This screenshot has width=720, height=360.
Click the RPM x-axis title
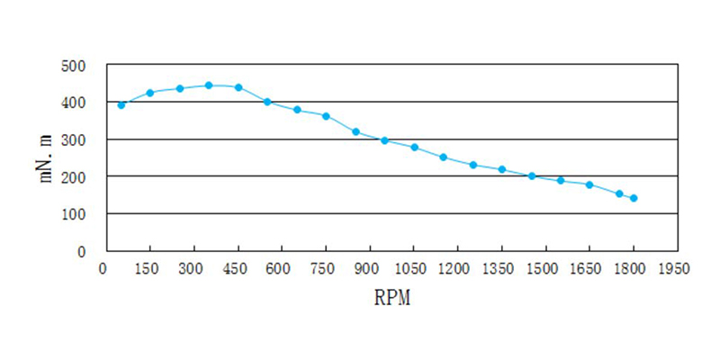pos(391,298)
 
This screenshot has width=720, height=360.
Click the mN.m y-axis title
pos(48,158)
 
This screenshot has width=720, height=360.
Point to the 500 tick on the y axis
pos(73,66)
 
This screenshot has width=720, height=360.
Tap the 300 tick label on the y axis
pos(73,140)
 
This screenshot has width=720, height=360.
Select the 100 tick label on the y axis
pos(73,215)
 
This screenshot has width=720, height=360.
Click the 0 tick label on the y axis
pos(81,252)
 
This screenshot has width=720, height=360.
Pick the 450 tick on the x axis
pos(235,268)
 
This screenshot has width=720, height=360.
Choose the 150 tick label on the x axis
pos(147,268)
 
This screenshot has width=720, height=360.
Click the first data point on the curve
pos(121,104)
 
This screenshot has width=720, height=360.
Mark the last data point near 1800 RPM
pos(634,198)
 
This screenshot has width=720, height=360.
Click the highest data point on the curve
pos(209,85)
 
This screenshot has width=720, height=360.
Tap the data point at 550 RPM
pos(267,102)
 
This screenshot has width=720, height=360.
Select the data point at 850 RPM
pos(355,131)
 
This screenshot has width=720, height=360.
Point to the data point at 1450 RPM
pos(531,175)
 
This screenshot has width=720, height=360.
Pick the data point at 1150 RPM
pos(443,157)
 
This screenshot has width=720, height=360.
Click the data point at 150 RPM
pos(150,93)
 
